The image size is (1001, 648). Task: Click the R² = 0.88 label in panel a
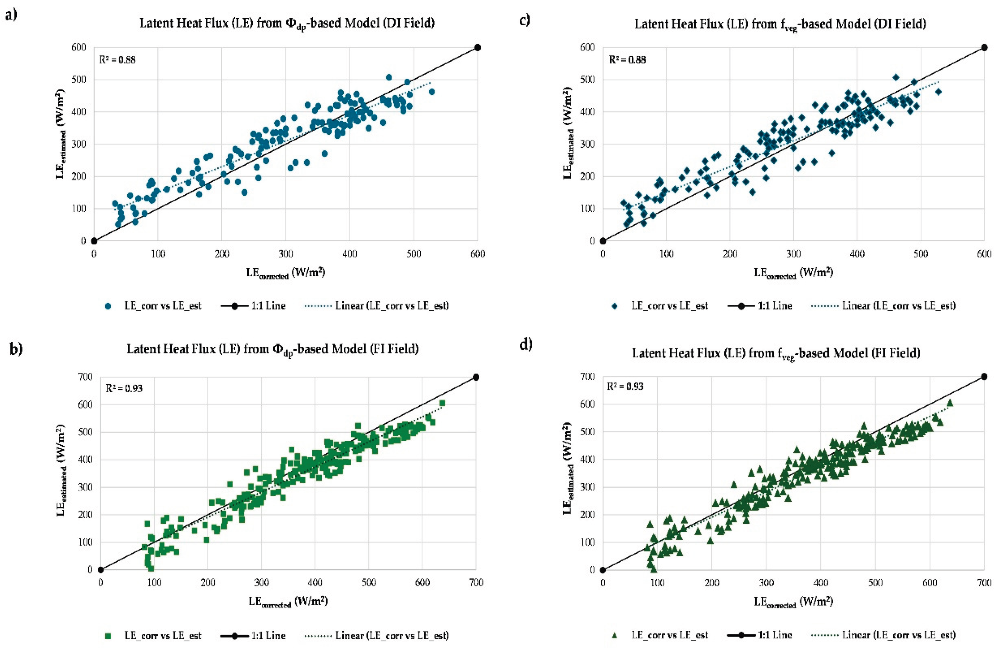[x=117, y=60]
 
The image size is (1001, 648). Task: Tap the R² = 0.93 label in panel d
[x=625, y=386]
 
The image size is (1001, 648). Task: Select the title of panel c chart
[x=780, y=24]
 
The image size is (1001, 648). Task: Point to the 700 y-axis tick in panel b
[x=85, y=377]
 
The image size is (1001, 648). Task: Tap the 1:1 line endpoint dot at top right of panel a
[x=478, y=47]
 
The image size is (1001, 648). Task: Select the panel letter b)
[x=16, y=349]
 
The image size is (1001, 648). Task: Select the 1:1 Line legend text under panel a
[x=268, y=306]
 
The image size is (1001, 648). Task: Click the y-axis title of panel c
[x=569, y=133]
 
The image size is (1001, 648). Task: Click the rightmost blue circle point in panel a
[x=432, y=92]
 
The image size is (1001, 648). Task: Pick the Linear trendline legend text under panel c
[x=899, y=306]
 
